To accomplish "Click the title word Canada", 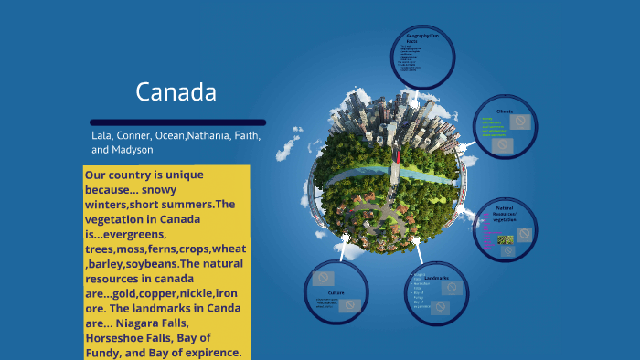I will click(x=176, y=92).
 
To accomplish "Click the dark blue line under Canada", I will click(x=178, y=122).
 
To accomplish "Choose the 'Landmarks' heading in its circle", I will click(x=436, y=277).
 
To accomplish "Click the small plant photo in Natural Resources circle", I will click(x=505, y=239).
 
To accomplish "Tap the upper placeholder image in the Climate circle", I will click(x=519, y=121).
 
